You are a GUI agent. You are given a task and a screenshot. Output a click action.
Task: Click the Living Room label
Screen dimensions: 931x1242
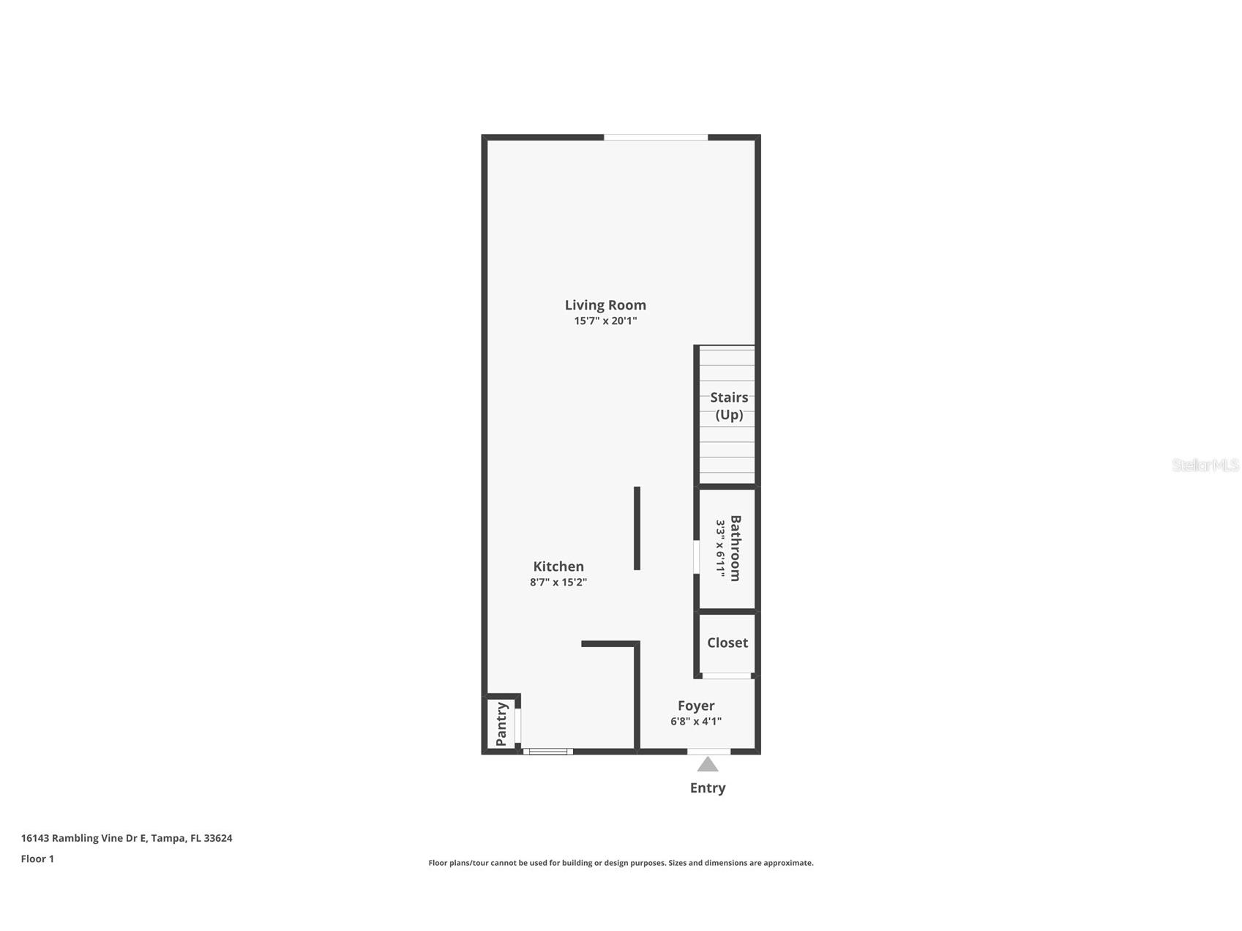[x=605, y=305]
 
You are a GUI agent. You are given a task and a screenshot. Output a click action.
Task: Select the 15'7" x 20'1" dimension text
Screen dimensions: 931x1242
[x=605, y=321]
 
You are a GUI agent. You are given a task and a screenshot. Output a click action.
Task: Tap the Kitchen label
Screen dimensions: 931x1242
[x=558, y=567]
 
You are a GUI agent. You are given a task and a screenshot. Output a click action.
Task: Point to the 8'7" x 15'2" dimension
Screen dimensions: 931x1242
[x=558, y=583]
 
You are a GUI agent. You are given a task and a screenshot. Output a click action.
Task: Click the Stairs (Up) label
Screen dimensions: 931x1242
[x=729, y=406]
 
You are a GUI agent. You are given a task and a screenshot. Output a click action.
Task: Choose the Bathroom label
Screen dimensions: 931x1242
[x=736, y=548]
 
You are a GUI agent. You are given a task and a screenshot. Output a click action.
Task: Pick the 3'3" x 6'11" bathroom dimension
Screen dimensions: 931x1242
[x=720, y=549]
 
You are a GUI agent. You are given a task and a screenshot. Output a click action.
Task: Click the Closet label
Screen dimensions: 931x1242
[x=727, y=643]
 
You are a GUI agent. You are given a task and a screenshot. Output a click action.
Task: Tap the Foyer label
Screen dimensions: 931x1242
[x=696, y=706]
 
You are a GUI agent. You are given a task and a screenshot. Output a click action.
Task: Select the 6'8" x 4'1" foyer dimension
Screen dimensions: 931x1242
[x=696, y=722]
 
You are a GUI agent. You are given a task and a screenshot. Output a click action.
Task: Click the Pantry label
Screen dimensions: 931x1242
[x=501, y=724]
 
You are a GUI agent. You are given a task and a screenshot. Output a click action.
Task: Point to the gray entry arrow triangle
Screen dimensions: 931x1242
[x=707, y=765]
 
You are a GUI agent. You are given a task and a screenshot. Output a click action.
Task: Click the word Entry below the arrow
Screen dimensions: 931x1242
[x=708, y=788]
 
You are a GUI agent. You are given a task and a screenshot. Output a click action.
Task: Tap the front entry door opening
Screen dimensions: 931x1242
[x=708, y=751]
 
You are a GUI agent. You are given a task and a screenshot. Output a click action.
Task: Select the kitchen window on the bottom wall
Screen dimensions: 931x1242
[x=547, y=751]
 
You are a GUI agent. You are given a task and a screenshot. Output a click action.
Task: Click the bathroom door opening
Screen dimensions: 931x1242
[x=696, y=556]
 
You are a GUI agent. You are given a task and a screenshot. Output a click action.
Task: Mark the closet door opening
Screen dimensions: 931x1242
[x=727, y=676]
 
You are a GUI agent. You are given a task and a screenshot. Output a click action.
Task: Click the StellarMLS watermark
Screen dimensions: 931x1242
[x=1205, y=465]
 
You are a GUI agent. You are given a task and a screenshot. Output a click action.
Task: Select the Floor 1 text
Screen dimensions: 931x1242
[x=37, y=859]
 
